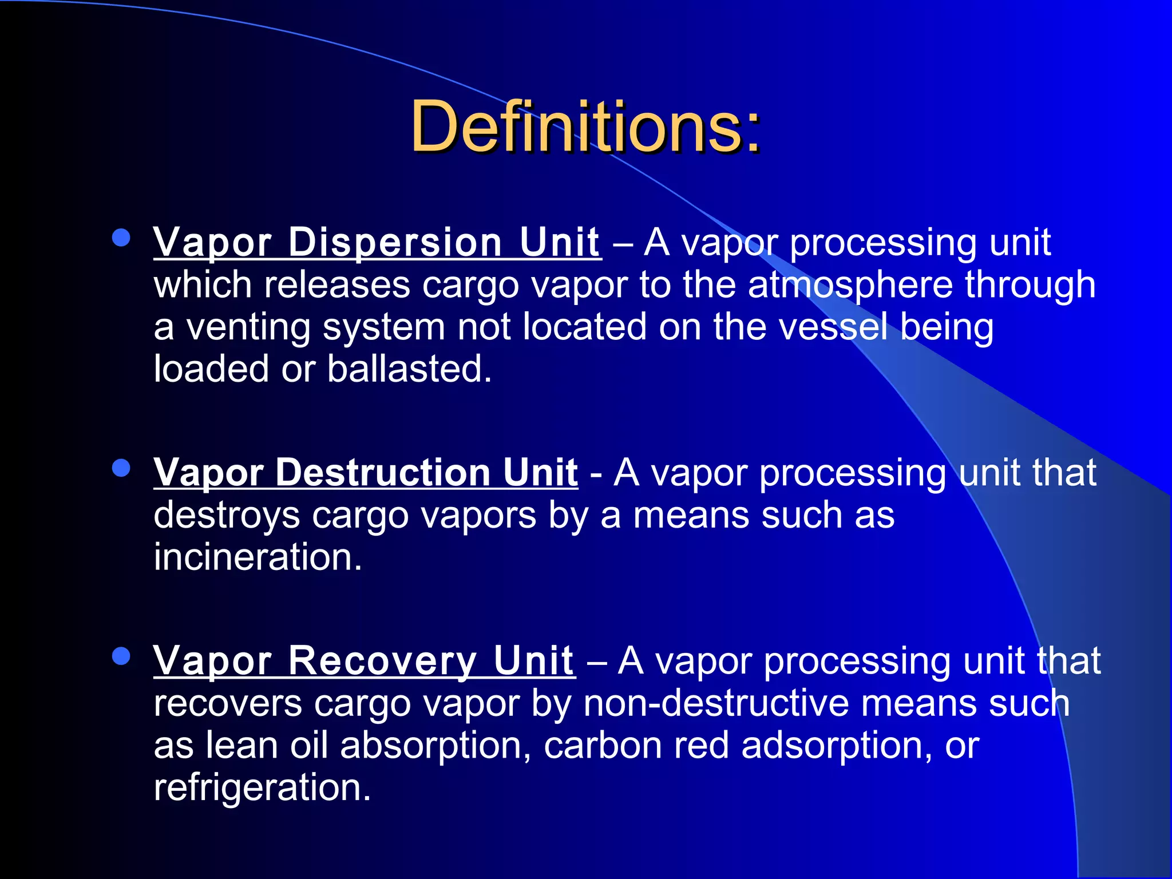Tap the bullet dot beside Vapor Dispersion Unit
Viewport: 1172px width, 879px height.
(x=121, y=237)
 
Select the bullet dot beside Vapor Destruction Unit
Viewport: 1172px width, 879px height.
(x=121, y=468)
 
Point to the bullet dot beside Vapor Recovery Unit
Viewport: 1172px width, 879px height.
(x=121, y=656)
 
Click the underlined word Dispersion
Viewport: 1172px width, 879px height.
(x=395, y=243)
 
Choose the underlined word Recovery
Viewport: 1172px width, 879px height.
(x=382, y=661)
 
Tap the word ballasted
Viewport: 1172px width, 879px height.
(x=409, y=369)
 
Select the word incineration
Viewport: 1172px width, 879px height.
(x=258, y=557)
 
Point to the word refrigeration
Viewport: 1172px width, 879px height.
(x=262, y=787)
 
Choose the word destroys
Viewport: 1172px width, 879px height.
(x=227, y=516)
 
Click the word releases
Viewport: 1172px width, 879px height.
(x=337, y=285)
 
